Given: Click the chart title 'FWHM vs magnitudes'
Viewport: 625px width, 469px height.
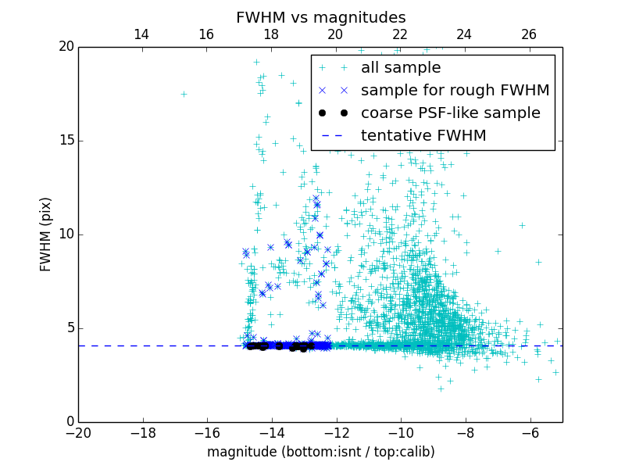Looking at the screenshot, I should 320,17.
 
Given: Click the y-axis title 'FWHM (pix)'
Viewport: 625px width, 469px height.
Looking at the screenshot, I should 46,234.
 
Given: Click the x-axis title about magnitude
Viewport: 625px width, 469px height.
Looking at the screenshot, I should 320,452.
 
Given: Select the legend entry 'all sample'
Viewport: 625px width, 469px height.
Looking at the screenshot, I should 400,68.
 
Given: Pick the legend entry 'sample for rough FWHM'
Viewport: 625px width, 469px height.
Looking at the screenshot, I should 455,91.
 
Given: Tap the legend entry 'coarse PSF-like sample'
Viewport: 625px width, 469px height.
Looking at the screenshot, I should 450,113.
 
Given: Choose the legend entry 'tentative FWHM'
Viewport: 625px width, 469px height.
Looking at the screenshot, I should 423,136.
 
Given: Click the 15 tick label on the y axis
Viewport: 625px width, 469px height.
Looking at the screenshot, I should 65,141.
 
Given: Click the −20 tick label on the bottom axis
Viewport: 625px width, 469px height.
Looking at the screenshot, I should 78,433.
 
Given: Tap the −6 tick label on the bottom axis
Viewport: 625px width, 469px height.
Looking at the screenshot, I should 530,433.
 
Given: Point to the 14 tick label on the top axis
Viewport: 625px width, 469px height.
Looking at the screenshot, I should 141,34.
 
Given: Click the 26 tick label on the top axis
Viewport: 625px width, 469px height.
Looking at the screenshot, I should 529,34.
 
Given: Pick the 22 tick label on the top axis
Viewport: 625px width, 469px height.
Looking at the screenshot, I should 400,34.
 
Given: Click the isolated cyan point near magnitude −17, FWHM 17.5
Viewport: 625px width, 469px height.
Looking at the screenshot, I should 184,94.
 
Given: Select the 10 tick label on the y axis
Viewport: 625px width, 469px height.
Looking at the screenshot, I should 65,234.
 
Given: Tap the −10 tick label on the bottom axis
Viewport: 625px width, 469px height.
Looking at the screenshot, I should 401,433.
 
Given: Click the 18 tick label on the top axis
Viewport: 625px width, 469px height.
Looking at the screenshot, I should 271,34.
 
